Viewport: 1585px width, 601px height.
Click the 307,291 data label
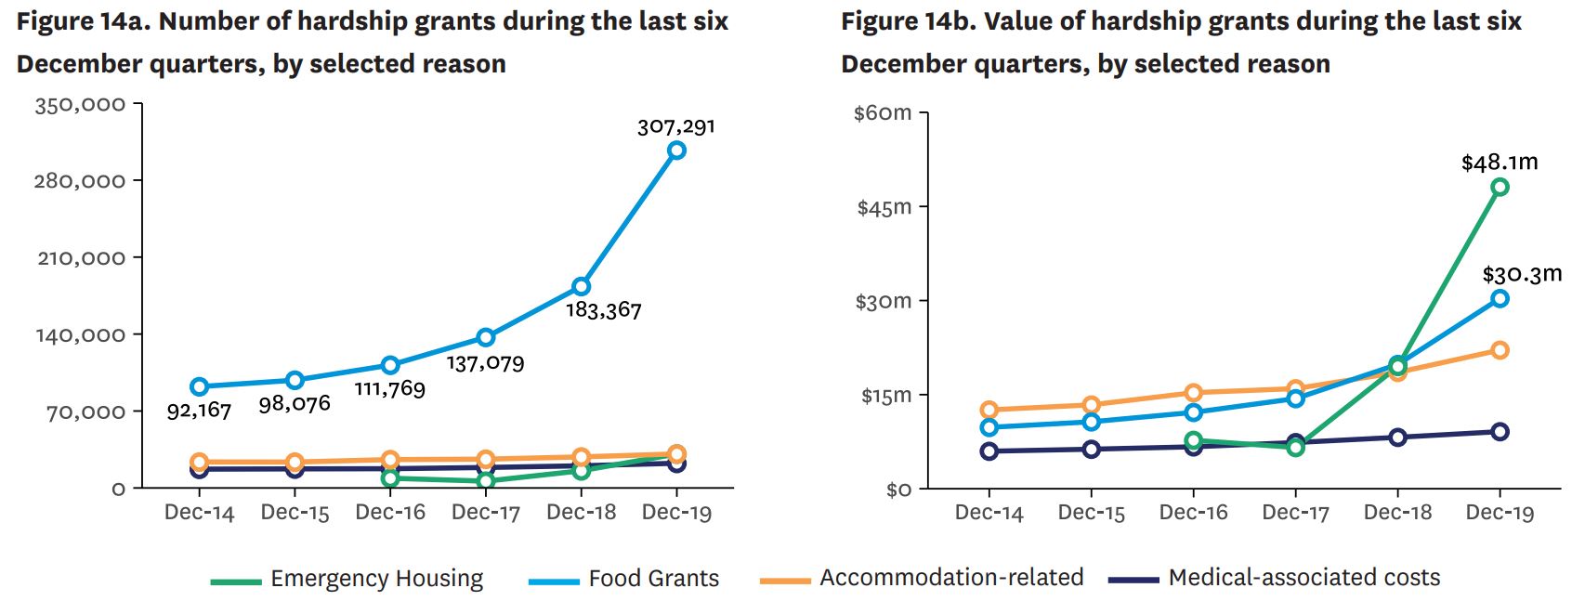(675, 126)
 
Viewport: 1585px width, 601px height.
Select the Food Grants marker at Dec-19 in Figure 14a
(676, 150)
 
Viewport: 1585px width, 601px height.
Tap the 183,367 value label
(604, 310)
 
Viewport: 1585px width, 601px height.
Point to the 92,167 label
(199, 410)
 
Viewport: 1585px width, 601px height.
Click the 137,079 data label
(485, 362)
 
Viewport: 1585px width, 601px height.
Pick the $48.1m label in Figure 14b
(1499, 163)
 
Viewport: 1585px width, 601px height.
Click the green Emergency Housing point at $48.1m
(1500, 188)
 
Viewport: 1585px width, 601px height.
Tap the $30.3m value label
(1521, 275)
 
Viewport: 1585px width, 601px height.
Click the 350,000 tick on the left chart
(80, 105)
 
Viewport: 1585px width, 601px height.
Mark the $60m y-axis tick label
(883, 113)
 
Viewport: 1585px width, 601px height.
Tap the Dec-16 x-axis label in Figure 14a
(390, 513)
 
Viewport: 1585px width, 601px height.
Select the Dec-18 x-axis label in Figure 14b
(1397, 513)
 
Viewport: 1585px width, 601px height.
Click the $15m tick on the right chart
(885, 396)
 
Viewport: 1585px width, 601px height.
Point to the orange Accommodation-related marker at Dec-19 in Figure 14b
(1500, 350)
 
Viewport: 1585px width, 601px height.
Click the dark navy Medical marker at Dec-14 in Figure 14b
(989, 451)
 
